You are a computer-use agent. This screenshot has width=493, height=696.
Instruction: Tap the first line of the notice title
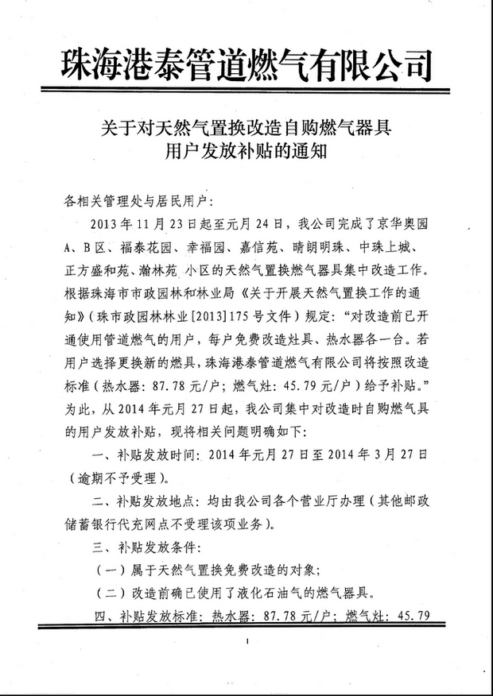point(246,126)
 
